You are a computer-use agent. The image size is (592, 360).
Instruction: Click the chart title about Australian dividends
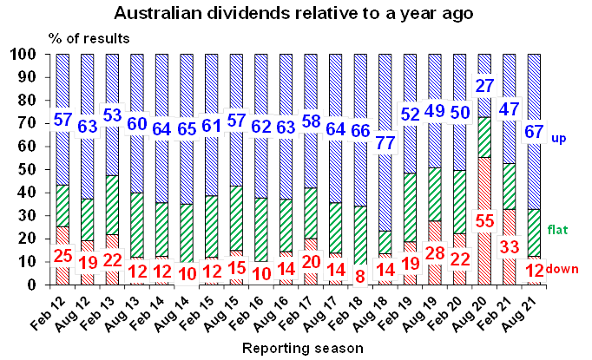tap(296, 14)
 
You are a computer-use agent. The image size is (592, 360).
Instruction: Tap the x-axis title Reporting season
tap(296, 349)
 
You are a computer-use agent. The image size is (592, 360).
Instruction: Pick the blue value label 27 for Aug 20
tap(484, 85)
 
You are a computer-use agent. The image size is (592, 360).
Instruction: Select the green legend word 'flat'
tap(560, 230)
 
